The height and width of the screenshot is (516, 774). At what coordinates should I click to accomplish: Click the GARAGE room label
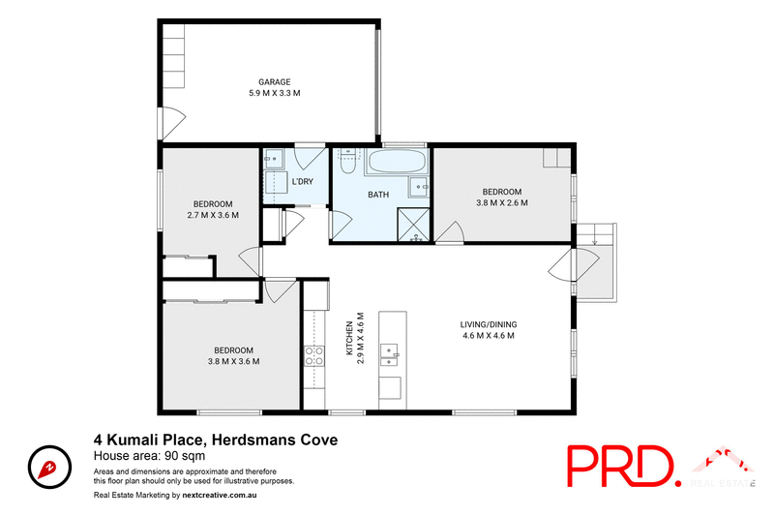point(274,82)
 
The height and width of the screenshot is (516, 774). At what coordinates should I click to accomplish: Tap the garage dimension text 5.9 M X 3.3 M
point(274,94)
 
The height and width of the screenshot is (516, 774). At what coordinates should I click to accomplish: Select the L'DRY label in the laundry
point(303,182)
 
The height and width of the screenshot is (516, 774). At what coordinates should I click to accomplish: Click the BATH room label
point(378,195)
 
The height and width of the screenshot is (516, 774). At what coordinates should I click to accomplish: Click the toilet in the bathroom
point(346,160)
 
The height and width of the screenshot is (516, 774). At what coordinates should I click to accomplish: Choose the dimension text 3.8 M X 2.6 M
point(502,203)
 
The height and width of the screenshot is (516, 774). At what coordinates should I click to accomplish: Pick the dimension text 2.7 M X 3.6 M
point(212,215)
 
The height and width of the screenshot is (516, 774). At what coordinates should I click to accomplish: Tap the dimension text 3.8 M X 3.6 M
point(233,362)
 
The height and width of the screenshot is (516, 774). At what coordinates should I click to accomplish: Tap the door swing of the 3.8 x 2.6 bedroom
point(445,232)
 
